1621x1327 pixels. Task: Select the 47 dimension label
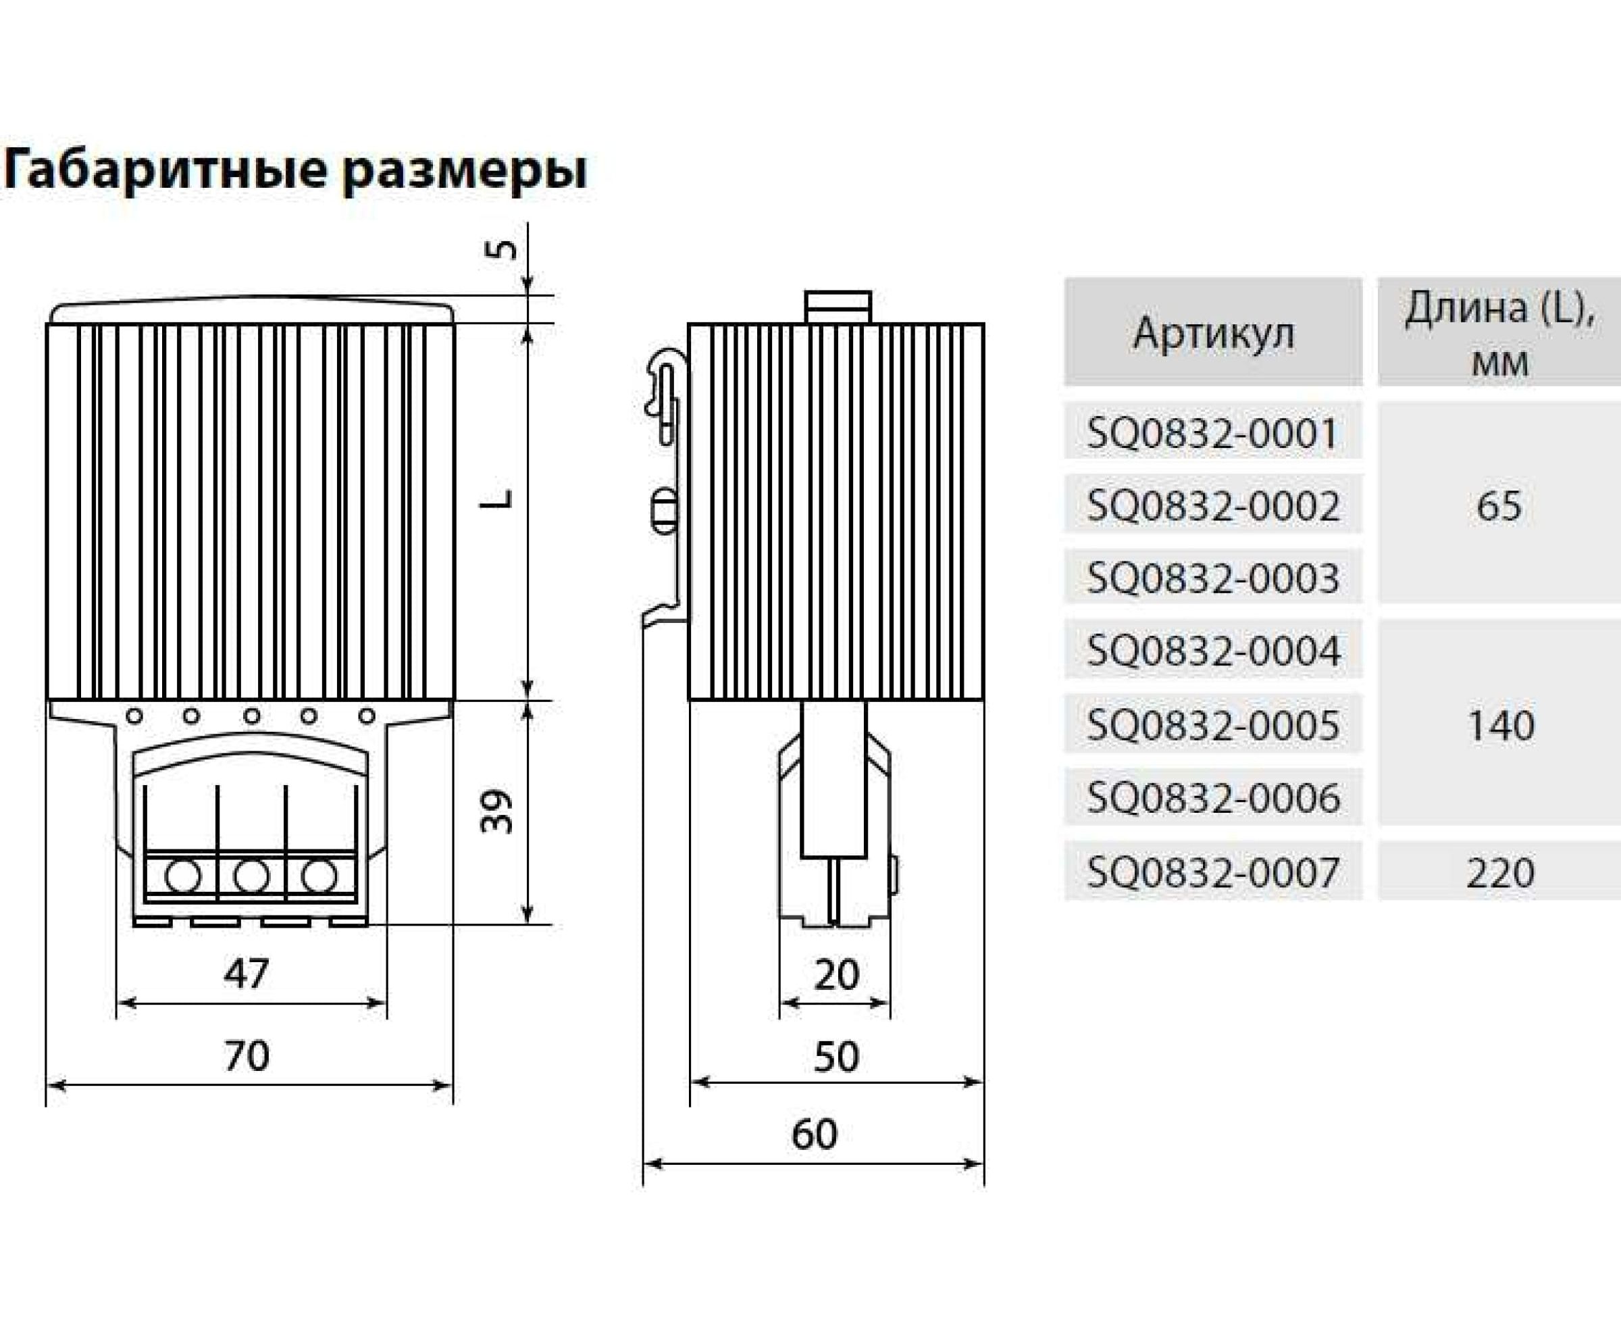pos(246,974)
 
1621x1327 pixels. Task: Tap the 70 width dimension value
pos(246,1055)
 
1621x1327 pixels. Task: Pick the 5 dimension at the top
pos(501,249)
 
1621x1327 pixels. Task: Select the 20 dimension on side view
pos(836,976)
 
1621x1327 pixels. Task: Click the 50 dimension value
pos(836,1057)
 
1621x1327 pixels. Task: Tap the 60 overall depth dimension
pos(814,1134)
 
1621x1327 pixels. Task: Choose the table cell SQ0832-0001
pos(1213,433)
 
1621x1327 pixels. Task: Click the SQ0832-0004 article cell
pos(1213,651)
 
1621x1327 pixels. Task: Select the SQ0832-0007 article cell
pos(1213,872)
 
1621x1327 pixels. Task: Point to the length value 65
pos(1499,505)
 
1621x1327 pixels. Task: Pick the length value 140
pos(1500,726)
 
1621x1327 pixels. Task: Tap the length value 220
pos(1500,872)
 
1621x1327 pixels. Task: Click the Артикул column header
pos(1213,333)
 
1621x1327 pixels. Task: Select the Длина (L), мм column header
pos(1499,333)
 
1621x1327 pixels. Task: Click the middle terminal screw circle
pos(251,876)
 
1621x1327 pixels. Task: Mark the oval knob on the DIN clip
pos(663,511)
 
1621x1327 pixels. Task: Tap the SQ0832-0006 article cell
pos(1213,799)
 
